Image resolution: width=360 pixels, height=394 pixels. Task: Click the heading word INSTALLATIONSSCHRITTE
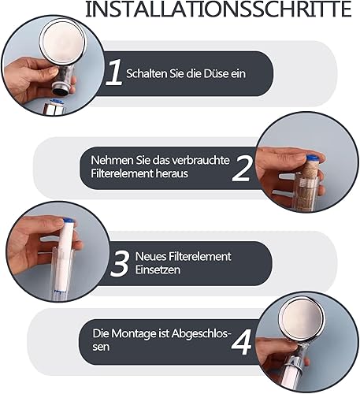click(x=218, y=9)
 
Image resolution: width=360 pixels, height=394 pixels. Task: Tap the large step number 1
click(x=114, y=72)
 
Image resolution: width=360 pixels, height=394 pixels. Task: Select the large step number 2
click(x=242, y=168)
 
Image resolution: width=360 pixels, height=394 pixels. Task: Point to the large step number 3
click(x=120, y=263)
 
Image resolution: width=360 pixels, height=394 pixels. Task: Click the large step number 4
click(x=241, y=341)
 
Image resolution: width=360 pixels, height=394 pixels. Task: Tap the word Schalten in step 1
click(x=147, y=73)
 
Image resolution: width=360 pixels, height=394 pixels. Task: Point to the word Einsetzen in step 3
click(x=158, y=270)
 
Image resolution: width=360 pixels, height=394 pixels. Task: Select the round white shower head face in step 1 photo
click(x=61, y=40)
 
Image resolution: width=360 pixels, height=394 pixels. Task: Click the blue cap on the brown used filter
click(x=312, y=158)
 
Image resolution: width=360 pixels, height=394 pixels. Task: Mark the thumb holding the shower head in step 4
click(x=281, y=347)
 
